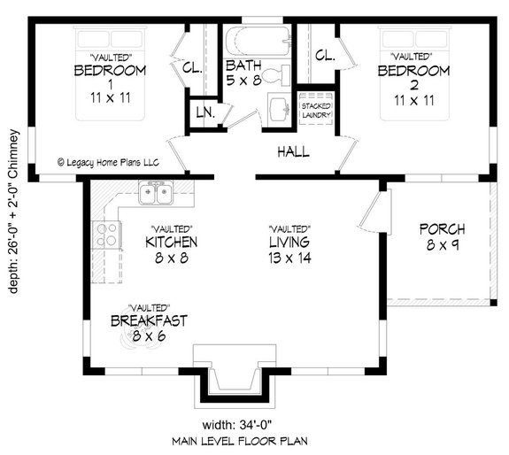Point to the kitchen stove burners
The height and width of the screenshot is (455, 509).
[108, 235]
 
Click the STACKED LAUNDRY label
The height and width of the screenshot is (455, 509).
[316, 110]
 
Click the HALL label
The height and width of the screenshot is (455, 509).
[293, 152]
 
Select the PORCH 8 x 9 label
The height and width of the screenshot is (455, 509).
[442, 236]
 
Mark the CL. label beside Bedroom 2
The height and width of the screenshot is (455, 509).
[324, 55]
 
